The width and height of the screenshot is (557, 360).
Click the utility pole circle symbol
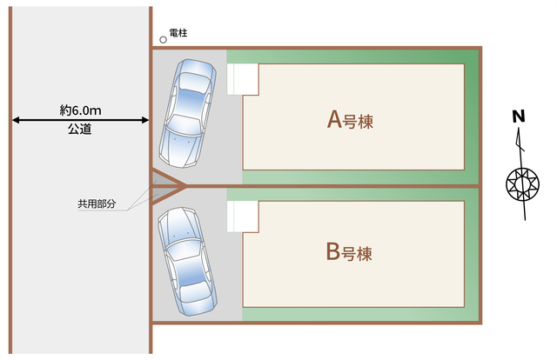coord(163,40)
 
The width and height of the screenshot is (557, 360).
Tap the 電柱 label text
coord(178,33)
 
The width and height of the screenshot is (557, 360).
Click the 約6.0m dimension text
coord(80,110)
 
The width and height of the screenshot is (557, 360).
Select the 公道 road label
coord(80,130)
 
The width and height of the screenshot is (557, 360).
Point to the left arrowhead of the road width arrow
coord(16,120)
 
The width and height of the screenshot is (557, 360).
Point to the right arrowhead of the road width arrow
coord(145,120)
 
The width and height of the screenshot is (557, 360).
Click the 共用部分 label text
coord(97,203)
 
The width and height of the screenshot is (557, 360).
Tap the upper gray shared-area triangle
coord(164,178)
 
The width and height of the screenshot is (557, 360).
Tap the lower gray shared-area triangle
coord(164,194)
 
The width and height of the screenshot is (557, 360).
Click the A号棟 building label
coord(350,120)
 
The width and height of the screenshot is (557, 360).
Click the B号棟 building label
coord(349,252)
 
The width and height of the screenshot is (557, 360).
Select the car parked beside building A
coord(187,113)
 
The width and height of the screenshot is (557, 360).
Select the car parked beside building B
coord(187,261)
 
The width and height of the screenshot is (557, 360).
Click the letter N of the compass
coord(519,117)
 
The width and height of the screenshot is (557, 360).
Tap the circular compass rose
coord(522,184)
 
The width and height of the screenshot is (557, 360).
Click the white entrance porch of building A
coord(243,79)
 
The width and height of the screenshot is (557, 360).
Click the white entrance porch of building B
coord(243,217)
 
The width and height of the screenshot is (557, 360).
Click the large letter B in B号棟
coord(332,251)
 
